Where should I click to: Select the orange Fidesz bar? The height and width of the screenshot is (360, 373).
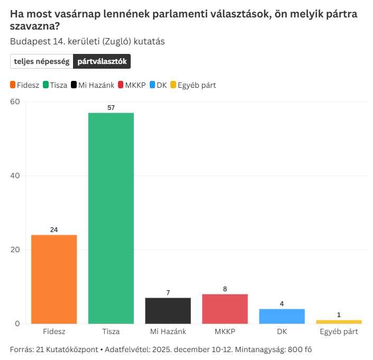tap(54, 279)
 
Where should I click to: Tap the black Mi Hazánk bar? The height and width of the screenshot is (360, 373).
tap(168, 310)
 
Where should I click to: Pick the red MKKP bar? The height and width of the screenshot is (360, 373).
tap(225, 309)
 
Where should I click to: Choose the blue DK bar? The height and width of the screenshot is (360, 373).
tap(281, 316)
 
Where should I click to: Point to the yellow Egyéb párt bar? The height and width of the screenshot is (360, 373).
tap(339, 321)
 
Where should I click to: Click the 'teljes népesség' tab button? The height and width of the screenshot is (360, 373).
tap(42, 61)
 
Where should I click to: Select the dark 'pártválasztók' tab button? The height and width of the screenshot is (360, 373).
tap(102, 61)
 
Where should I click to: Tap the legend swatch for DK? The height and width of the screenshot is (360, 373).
tap(153, 85)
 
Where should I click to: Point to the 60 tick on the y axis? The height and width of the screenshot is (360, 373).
tap(15, 101)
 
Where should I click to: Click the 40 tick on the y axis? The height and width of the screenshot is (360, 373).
tap(15, 176)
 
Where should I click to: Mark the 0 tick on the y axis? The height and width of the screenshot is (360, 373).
tap(17, 324)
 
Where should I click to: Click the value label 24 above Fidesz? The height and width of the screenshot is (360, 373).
tap(54, 229)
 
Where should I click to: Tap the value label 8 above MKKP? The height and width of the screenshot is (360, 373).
tap(225, 289)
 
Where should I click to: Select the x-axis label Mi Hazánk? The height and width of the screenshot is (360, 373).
tap(168, 332)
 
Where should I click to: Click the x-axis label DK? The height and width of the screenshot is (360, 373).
tap(281, 332)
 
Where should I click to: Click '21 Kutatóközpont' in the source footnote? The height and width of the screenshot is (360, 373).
tap(68, 349)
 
